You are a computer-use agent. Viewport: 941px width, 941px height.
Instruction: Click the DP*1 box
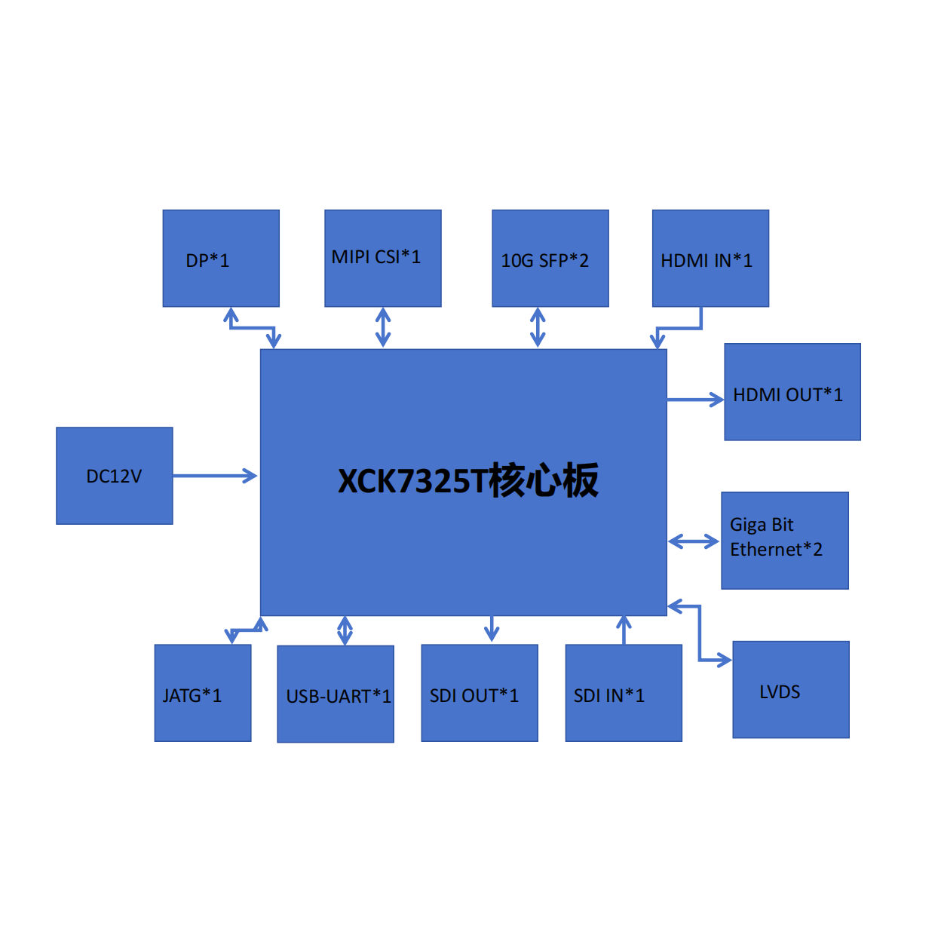coord(221,259)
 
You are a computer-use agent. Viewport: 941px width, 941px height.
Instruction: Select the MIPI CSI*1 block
coord(382,259)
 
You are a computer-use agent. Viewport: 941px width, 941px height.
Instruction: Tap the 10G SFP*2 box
coord(550,259)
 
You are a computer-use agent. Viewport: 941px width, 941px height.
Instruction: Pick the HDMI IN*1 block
coord(710,259)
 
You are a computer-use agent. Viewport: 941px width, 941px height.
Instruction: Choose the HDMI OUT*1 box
coord(792,392)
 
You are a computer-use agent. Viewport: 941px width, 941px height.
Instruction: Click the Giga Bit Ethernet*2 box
coord(784,540)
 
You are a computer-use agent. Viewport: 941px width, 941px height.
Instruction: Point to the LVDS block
coord(790,689)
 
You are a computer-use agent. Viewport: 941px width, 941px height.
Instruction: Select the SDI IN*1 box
coord(623,693)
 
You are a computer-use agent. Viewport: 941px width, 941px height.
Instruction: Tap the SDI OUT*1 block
coord(479,693)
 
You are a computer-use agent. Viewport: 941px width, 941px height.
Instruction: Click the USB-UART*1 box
coord(335,694)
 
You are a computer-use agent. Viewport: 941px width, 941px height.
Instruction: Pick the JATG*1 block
coord(202,693)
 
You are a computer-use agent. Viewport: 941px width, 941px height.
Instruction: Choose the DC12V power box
coord(114,476)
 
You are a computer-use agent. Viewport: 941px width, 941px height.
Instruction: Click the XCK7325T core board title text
coord(467,481)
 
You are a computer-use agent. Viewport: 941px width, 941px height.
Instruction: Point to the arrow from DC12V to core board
coord(215,476)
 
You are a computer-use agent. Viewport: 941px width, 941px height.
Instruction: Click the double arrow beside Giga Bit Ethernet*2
coord(694,541)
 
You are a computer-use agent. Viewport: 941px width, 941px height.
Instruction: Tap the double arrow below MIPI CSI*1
coord(383,327)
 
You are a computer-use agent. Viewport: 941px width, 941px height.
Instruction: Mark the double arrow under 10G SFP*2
coord(538,327)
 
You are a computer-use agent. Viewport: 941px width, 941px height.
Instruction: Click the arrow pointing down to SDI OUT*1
coord(492,628)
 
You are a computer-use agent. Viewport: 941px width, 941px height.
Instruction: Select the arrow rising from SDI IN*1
coord(624,630)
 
